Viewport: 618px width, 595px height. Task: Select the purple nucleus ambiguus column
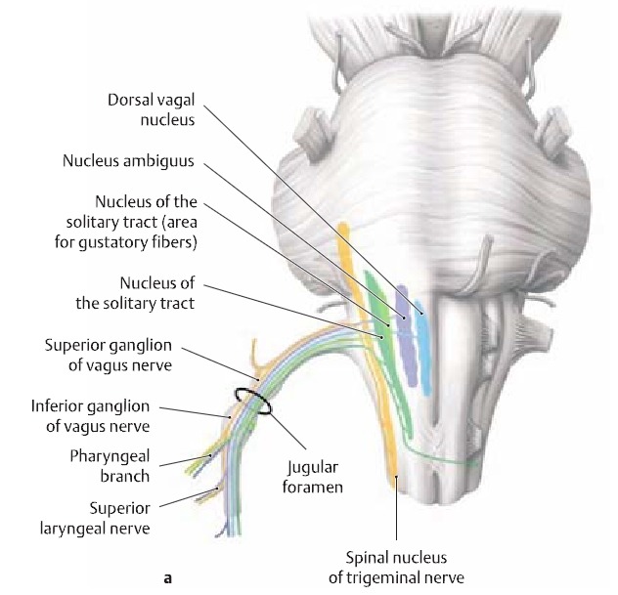tap(405, 332)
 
